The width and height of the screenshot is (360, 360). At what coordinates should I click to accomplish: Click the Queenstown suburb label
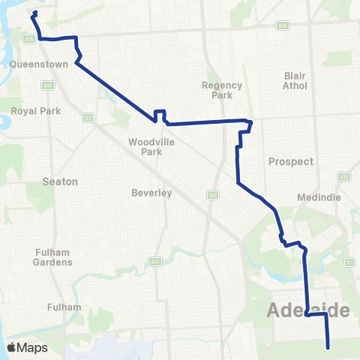coord(39,64)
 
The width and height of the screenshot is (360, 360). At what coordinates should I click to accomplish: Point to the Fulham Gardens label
coord(52,258)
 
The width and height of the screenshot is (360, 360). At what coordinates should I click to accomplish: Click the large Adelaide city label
coord(309,310)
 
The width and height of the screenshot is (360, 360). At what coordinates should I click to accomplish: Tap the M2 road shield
coord(212,195)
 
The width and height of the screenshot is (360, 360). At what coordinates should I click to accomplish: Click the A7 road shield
coord(88,118)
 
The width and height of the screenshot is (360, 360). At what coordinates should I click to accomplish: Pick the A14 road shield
coord(155,262)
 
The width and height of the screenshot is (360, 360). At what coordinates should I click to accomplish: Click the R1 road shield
coord(349,262)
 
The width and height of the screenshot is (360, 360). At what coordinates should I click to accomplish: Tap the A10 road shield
coord(344,177)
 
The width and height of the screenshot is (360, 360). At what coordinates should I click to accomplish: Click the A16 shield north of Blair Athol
coord(283,24)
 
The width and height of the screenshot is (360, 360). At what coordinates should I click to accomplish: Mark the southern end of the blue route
coord(328,346)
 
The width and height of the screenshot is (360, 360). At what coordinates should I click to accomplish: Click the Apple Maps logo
coord(28,347)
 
